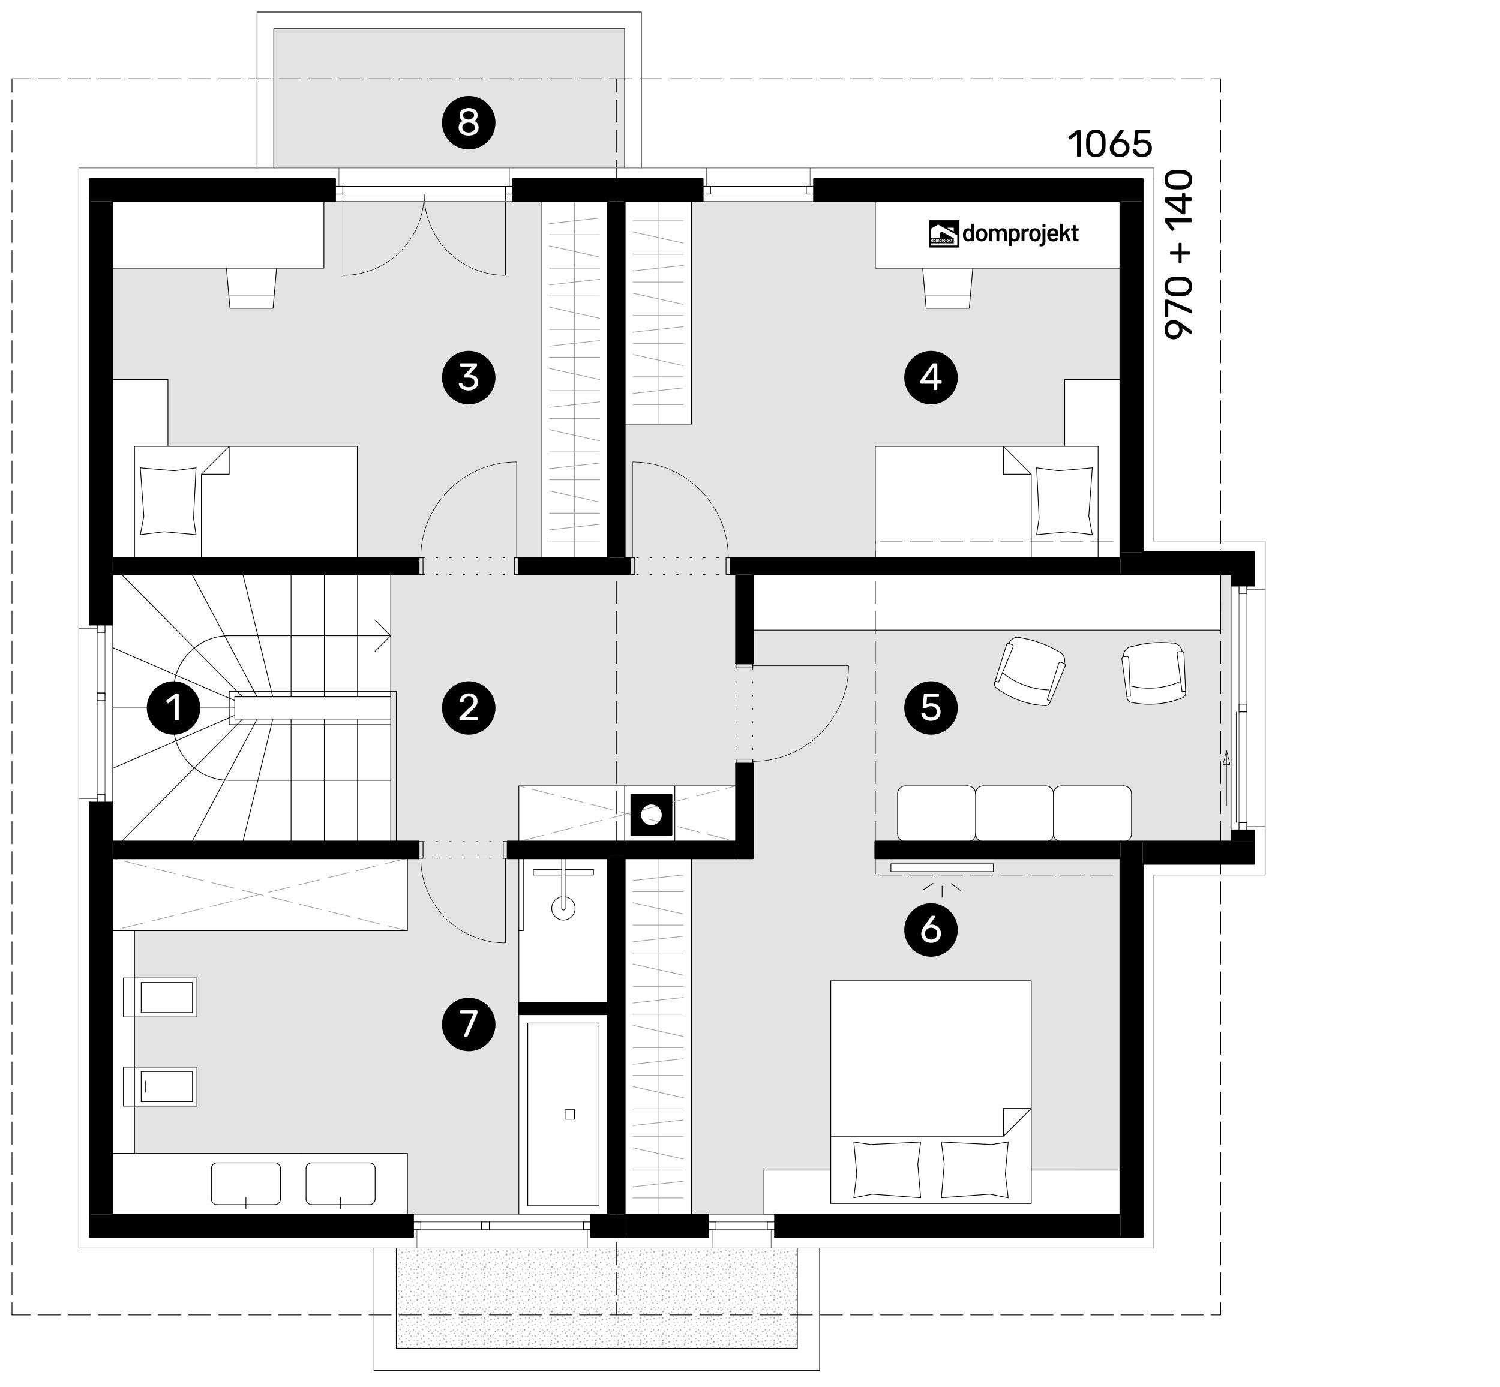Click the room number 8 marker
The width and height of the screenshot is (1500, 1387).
469,122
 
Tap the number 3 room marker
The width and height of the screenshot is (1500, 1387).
469,377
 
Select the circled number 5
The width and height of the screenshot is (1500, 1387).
930,707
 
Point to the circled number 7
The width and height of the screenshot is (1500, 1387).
469,1023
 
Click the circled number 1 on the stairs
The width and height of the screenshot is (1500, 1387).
174,707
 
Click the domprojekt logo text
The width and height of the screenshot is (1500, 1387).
1019,234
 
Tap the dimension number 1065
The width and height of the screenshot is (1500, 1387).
1109,143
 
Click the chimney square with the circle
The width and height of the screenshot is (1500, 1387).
650,813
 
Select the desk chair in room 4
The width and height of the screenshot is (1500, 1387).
947,287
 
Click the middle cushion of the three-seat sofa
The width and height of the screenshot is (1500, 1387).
1014,813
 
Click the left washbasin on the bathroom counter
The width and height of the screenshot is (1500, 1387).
245,1184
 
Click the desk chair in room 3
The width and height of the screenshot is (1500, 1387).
251,287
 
